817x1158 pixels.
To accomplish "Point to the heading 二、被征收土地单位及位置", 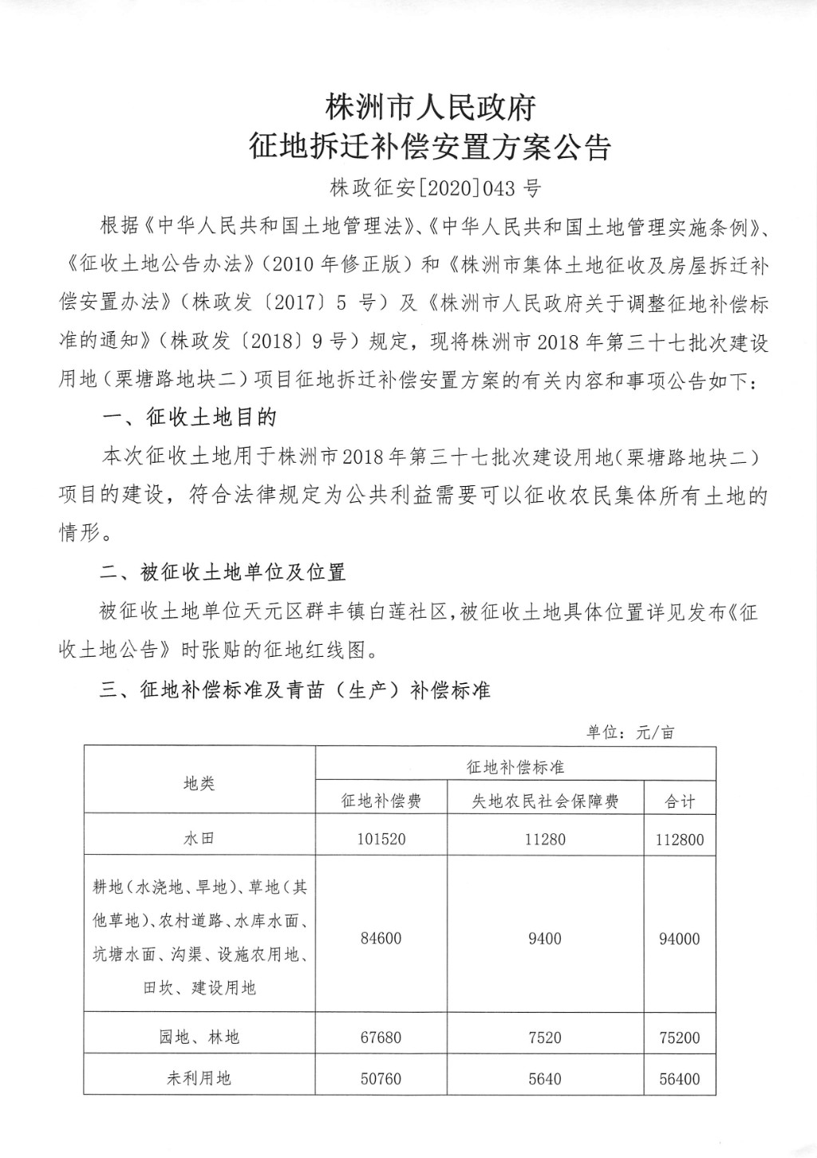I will pos(223,572).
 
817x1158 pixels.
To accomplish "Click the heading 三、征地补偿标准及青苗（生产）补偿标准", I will pos(294,690).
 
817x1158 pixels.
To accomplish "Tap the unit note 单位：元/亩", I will pos(630,732).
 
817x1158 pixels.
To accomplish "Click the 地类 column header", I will pos(199,784).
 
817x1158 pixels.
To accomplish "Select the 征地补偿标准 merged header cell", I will pos(515,767).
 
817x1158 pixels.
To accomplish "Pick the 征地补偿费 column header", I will pos(381,801).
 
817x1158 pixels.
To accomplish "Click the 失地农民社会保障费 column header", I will pos(545,801).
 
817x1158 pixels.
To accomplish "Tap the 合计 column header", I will pos(680,801).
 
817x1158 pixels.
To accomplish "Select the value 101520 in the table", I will pos(381,840).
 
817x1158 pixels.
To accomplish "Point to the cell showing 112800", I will pos(680,840).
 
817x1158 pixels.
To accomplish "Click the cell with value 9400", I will pos(545,939).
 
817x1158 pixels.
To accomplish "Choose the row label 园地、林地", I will pos(199,1037).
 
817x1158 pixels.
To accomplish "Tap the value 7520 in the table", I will pos(545,1037).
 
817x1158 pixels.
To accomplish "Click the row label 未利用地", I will pos(199,1079).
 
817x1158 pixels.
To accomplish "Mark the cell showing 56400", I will pos(680,1079).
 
